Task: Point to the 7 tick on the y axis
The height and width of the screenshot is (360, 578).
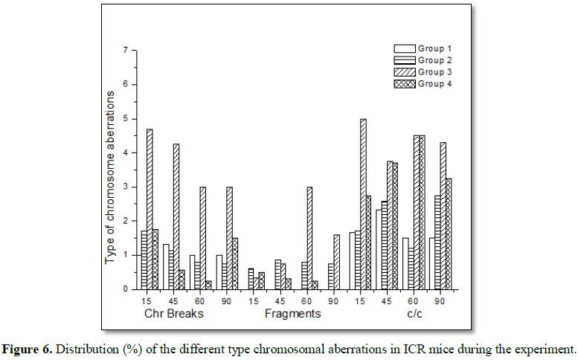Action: [125, 51]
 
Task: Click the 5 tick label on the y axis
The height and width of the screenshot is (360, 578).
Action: [125, 119]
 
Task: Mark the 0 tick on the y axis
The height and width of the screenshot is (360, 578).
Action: [125, 289]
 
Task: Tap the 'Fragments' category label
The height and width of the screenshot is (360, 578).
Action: [293, 313]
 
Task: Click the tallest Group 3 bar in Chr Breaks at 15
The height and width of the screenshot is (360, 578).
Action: [150, 208]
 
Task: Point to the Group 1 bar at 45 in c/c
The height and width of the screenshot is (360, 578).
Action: [379, 250]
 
